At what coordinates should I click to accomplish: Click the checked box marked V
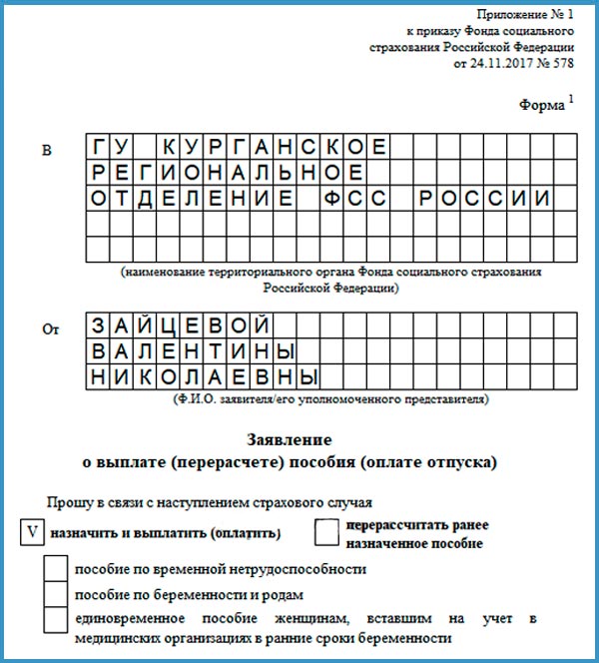32,531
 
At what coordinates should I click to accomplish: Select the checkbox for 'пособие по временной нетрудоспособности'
56,569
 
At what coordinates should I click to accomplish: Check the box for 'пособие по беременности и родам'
56,593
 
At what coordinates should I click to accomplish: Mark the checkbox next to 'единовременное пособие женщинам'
56,619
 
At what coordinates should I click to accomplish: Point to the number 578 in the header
562,63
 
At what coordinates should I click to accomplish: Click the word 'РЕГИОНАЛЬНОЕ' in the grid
220,173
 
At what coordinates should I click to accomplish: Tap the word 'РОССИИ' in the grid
484,198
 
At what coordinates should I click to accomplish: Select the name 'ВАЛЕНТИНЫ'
193,351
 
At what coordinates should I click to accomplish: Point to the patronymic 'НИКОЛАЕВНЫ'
205,377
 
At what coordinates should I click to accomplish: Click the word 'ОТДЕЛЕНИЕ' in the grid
193,198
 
